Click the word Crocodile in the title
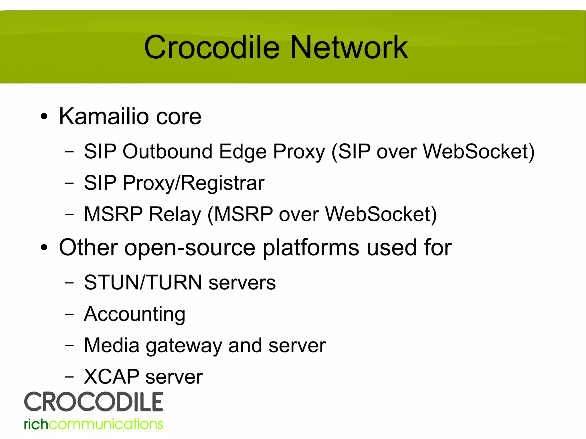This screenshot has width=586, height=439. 212,47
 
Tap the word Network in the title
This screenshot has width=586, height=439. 349,47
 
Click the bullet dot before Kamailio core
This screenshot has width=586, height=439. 44,117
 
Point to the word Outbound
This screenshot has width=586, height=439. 167,151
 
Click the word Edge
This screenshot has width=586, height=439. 243,152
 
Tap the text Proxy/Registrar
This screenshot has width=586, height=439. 193,183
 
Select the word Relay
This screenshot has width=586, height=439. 175,214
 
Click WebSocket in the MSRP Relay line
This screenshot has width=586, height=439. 381,214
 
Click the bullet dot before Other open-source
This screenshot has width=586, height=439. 44,248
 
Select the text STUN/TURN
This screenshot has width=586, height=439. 143,283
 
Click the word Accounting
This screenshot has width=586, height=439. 134,314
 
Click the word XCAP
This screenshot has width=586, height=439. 111,377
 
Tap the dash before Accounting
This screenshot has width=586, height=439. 69,314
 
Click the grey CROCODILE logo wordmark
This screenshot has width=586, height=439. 94,402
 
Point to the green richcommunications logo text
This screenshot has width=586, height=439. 94,424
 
